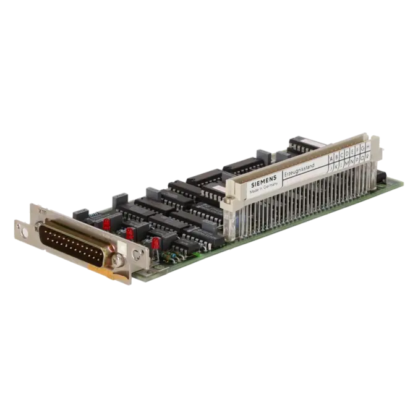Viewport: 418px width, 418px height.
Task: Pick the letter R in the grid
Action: [x=368, y=156]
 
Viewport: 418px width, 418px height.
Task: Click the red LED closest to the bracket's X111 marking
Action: [x=106, y=222]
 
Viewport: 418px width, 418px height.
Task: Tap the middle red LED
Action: [x=130, y=234]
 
